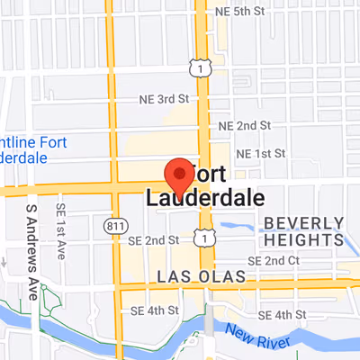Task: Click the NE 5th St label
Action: (x=242, y=12)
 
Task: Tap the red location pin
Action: (x=179, y=172)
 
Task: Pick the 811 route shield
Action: (x=113, y=223)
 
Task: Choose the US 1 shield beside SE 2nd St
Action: (x=208, y=237)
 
